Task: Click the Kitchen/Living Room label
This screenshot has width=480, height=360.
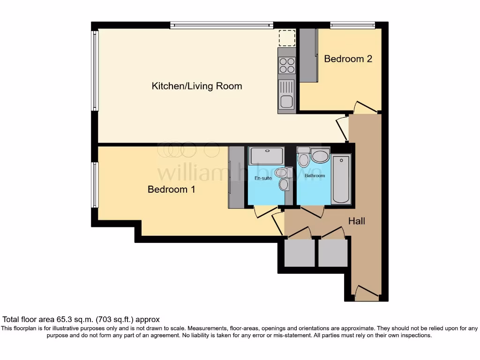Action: (197, 86)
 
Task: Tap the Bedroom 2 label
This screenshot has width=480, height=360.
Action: (348, 59)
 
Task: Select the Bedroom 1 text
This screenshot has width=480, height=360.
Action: (171, 190)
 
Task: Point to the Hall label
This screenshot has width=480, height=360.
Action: (357, 221)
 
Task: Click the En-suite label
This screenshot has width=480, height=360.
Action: (263, 179)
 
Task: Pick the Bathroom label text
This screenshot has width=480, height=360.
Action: (315, 176)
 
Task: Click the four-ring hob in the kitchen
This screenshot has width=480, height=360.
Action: (287, 65)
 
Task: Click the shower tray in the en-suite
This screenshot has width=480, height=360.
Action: (266, 155)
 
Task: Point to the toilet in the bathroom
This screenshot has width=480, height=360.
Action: (303, 158)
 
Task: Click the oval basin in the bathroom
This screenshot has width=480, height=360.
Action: (321, 156)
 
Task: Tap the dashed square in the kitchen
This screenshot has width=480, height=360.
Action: (286, 38)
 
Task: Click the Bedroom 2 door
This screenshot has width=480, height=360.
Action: (365, 107)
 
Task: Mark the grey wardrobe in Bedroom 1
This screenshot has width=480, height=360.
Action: (236, 177)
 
